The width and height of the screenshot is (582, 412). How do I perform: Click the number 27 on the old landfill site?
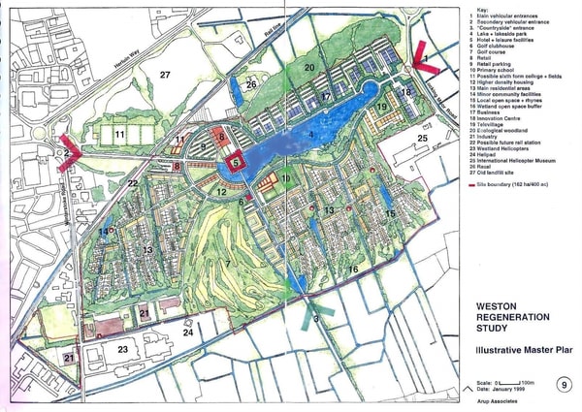pos(166,75)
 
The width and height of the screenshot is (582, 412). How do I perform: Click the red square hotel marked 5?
pos(236,166)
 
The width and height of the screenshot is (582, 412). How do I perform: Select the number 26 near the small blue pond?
pos(250,85)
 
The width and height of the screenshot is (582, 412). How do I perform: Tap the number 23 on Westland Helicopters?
pos(122,349)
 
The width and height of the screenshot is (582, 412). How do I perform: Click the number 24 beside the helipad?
pos(188,332)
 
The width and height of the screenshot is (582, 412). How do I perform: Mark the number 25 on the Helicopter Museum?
pos(421,139)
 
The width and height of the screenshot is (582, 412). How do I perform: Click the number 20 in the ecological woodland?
pos(309,67)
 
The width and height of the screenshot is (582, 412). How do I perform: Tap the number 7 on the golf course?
pos(228,263)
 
